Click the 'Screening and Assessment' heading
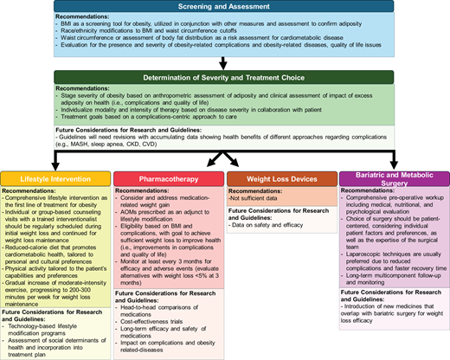(x=224, y=6)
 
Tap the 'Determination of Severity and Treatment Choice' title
(x=224, y=77)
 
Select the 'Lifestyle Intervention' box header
(x=55, y=180)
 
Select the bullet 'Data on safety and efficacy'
(x=270, y=223)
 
